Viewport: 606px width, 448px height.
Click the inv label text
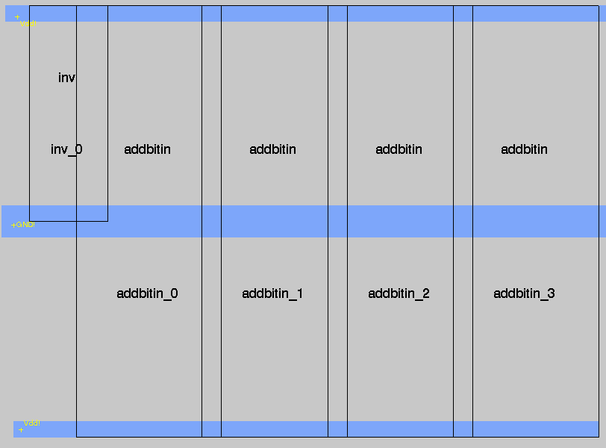(66, 78)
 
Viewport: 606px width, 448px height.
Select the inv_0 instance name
(66, 149)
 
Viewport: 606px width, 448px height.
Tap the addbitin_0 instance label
(147, 293)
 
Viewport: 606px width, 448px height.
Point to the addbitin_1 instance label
(272, 293)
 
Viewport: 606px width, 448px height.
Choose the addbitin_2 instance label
(399, 293)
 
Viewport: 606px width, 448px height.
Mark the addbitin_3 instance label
(524, 293)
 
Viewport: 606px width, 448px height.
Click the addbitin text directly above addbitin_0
(147, 149)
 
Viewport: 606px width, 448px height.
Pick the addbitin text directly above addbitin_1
(272, 149)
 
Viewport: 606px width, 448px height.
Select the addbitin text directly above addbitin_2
(399, 149)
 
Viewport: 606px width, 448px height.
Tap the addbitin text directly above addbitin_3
(524, 149)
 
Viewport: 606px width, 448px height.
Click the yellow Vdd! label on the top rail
(28, 24)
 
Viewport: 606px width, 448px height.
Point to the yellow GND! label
(25, 224)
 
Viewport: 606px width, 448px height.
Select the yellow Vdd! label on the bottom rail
(32, 423)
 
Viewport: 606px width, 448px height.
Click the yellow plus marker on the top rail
(17, 16)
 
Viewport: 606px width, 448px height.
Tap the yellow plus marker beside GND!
(13, 225)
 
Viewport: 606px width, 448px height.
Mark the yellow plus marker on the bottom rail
(21, 429)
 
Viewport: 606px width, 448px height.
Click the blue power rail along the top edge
(299, 13)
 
